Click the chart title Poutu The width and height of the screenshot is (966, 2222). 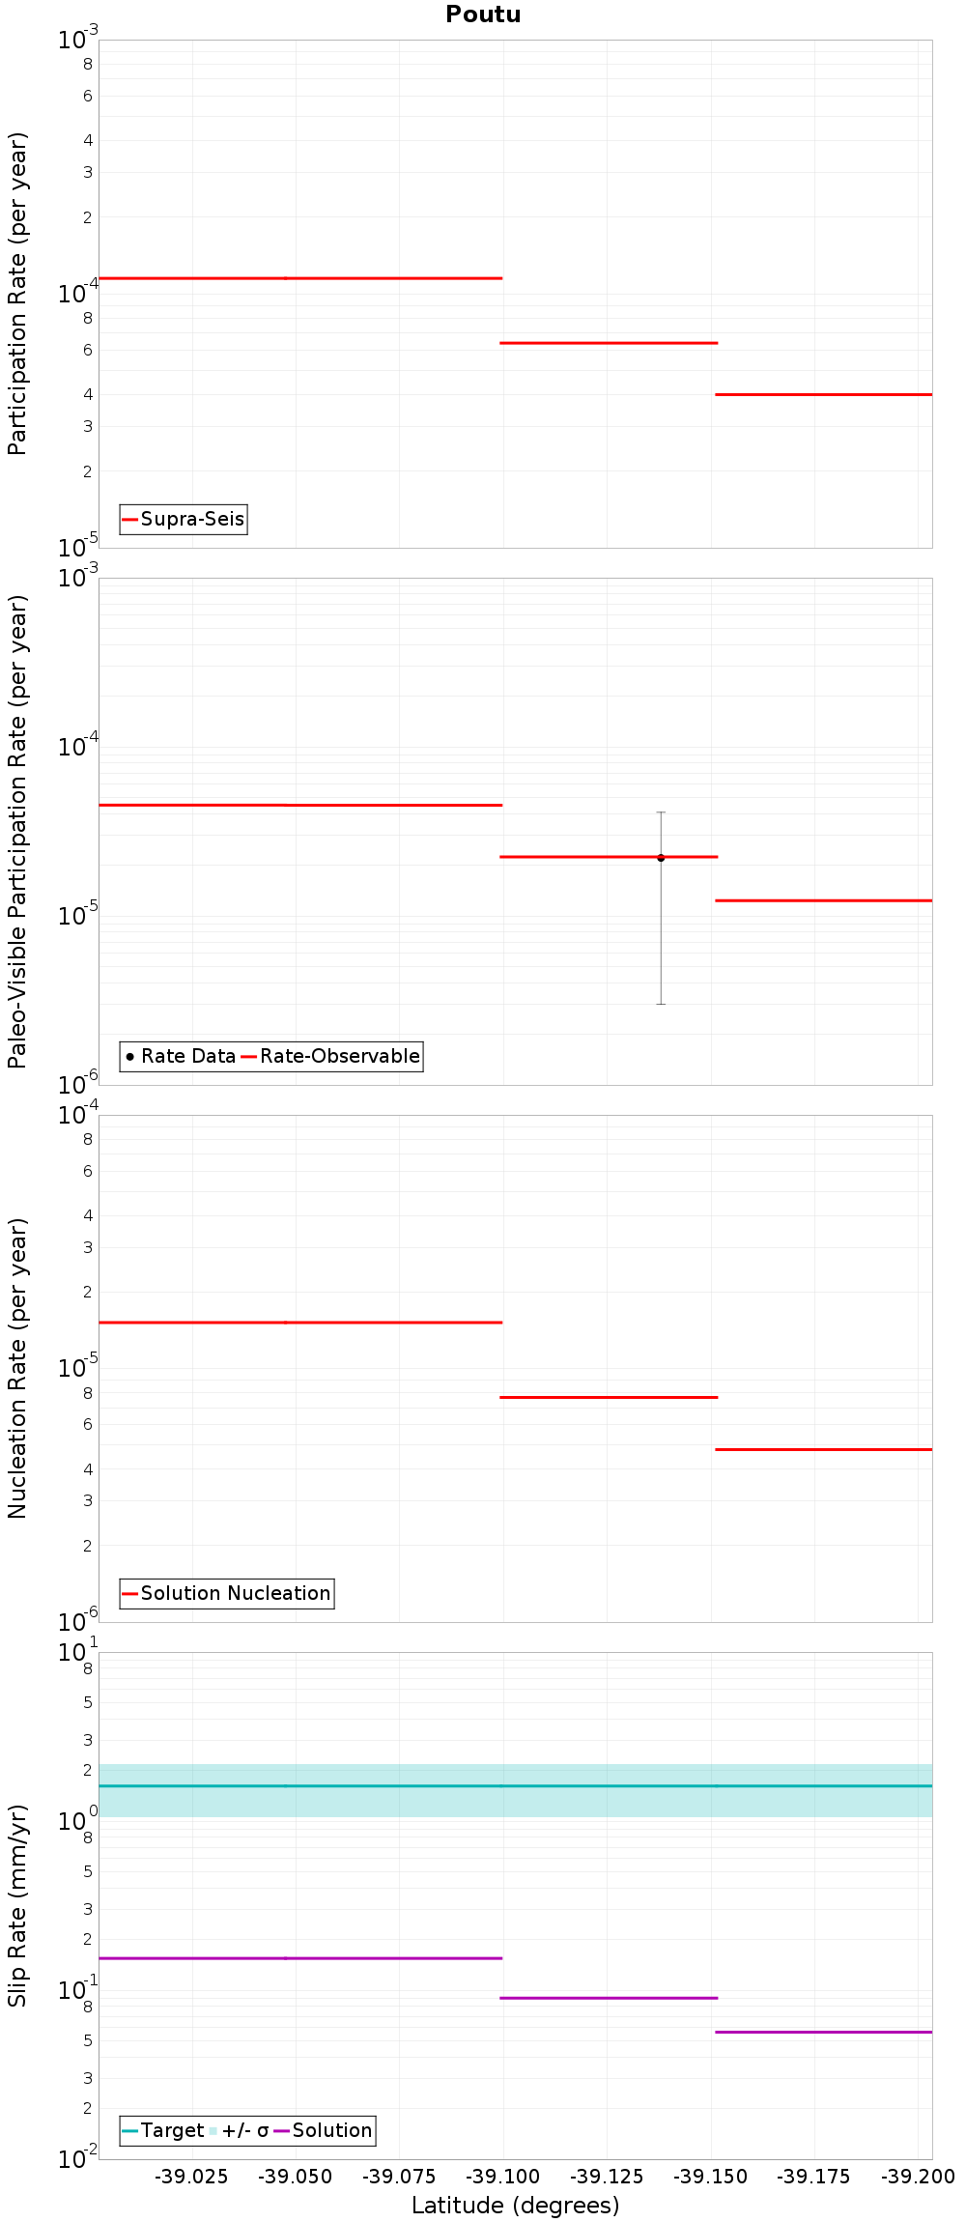click(x=483, y=14)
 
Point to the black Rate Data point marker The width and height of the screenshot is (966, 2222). click(x=661, y=858)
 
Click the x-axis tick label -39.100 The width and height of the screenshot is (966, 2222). click(x=502, y=2177)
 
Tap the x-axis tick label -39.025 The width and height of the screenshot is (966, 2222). click(x=192, y=2177)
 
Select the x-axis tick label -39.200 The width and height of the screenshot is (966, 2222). click(x=918, y=2177)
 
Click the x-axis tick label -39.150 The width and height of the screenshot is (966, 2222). click(x=710, y=2177)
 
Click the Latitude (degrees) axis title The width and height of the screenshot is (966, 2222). click(x=515, y=2206)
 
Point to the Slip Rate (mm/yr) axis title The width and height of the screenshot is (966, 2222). click(x=17, y=1905)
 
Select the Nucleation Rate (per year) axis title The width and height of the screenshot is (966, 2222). click(x=17, y=1368)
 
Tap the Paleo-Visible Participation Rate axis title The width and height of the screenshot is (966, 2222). click(x=17, y=831)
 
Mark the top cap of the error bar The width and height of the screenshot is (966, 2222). click(x=661, y=812)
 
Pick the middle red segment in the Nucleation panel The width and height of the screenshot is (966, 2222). click(x=609, y=1397)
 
